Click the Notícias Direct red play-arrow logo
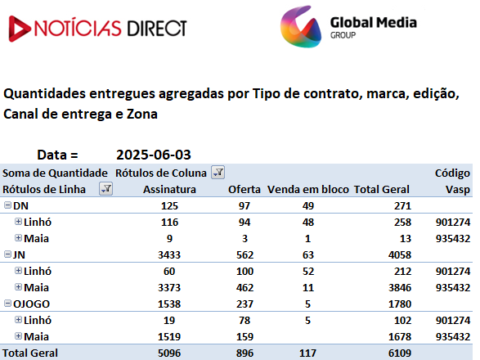coord(19,29)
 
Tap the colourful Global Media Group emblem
coord(301,27)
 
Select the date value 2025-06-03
coord(154,155)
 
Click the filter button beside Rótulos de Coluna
coord(218,173)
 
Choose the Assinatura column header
coord(169,189)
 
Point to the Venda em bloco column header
coord(308,189)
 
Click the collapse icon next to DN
coord(7,205)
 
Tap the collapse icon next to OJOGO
coord(7,304)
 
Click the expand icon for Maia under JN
coord(18,287)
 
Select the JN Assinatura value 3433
coord(169,255)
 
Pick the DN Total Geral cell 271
coord(402,206)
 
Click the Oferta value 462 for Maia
coord(244,288)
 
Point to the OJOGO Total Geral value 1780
coord(400,304)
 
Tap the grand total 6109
coord(400,353)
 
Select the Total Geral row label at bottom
coord(30,353)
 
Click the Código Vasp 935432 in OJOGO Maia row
coord(453,337)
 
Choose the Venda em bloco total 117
coord(307,353)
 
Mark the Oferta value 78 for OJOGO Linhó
coord(244,321)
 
